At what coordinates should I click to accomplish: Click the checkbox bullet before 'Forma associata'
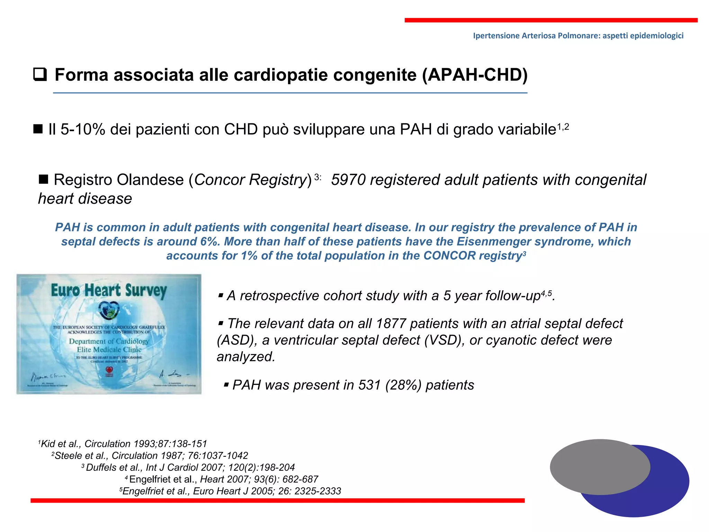point(40,75)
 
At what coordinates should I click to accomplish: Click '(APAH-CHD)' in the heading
point(475,75)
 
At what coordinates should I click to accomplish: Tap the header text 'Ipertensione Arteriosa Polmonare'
point(536,36)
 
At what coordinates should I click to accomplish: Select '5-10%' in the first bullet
point(83,130)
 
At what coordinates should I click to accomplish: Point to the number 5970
point(348,180)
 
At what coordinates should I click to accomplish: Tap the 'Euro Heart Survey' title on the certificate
point(109,290)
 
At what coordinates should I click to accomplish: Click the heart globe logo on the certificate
point(109,310)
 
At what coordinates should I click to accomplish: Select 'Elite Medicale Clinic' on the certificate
point(109,349)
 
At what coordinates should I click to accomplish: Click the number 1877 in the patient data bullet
point(391,324)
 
